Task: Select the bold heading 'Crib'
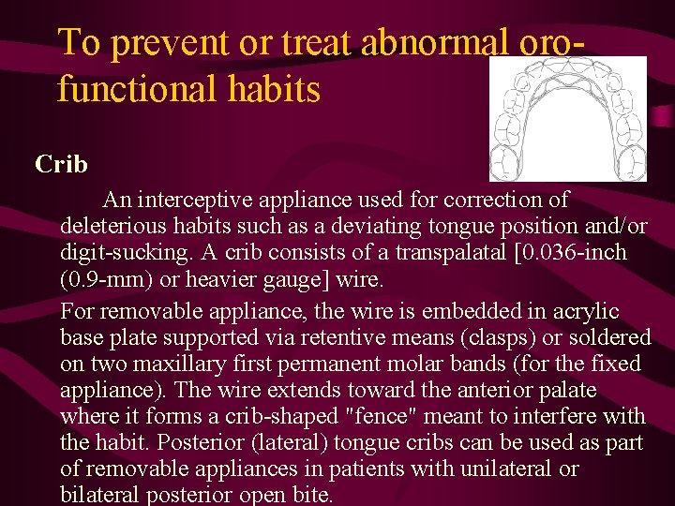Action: coord(61,165)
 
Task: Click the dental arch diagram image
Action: coord(568,118)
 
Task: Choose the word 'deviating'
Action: coord(373,227)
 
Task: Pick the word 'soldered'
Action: coord(599,336)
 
